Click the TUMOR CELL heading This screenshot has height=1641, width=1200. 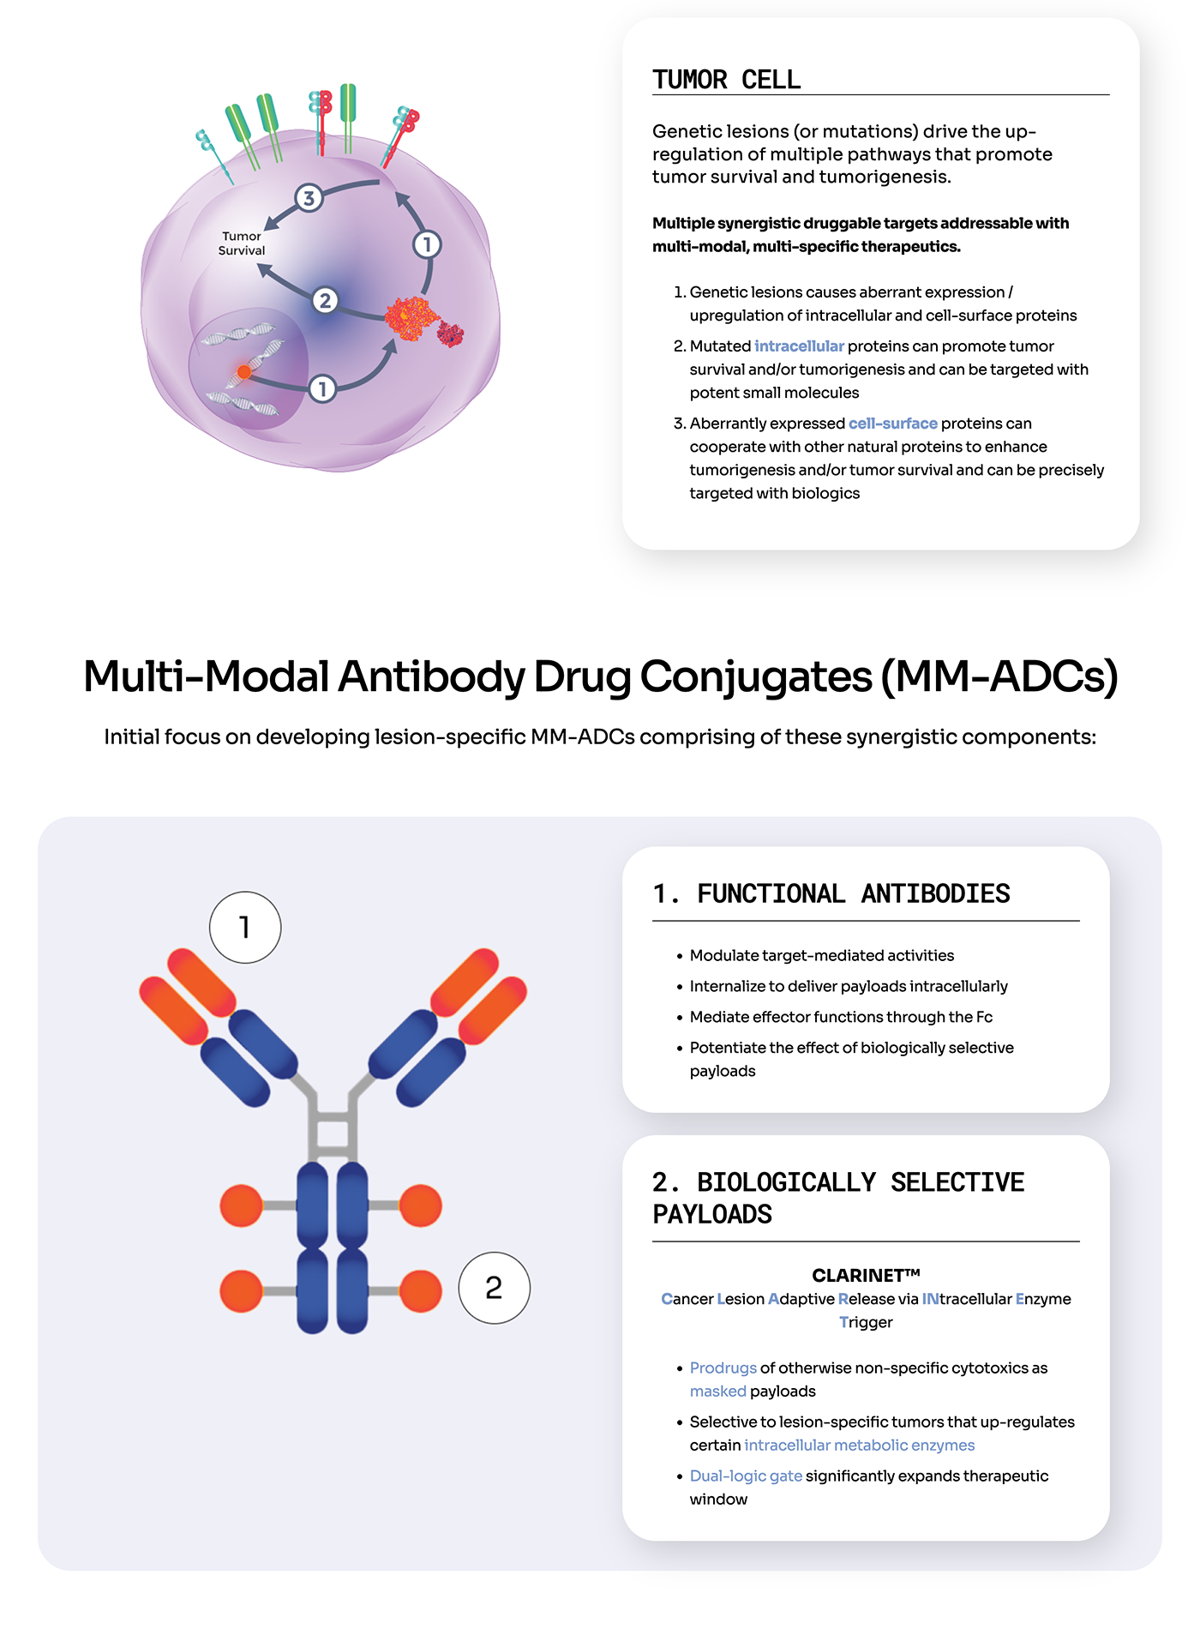[x=726, y=80]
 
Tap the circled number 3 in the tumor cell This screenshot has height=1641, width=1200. [x=309, y=198]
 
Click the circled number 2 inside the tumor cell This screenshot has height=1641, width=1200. [x=324, y=300]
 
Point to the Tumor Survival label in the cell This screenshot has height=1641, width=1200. [x=242, y=243]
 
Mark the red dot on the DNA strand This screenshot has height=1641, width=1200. [x=244, y=371]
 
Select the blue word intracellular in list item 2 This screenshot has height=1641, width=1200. [x=799, y=346]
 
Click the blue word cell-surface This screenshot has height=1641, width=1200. [x=893, y=424]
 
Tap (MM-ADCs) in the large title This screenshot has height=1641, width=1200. [x=999, y=677]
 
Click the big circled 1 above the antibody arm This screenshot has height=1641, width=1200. [x=245, y=928]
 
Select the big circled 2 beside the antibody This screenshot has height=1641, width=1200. [x=494, y=1288]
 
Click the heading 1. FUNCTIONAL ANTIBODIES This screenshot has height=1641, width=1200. [x=831, y=894]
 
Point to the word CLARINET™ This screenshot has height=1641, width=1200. [x=866, y=1276]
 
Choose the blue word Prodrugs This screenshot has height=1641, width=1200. [x=723, y=1368]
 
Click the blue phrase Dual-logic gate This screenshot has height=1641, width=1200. [x=746, y=1476]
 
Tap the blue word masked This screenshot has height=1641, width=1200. [x=718, y=1392]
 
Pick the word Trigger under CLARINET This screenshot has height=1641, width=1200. [x=866, y=1323]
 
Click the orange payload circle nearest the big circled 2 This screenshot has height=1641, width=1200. [x=420, y=1291]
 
